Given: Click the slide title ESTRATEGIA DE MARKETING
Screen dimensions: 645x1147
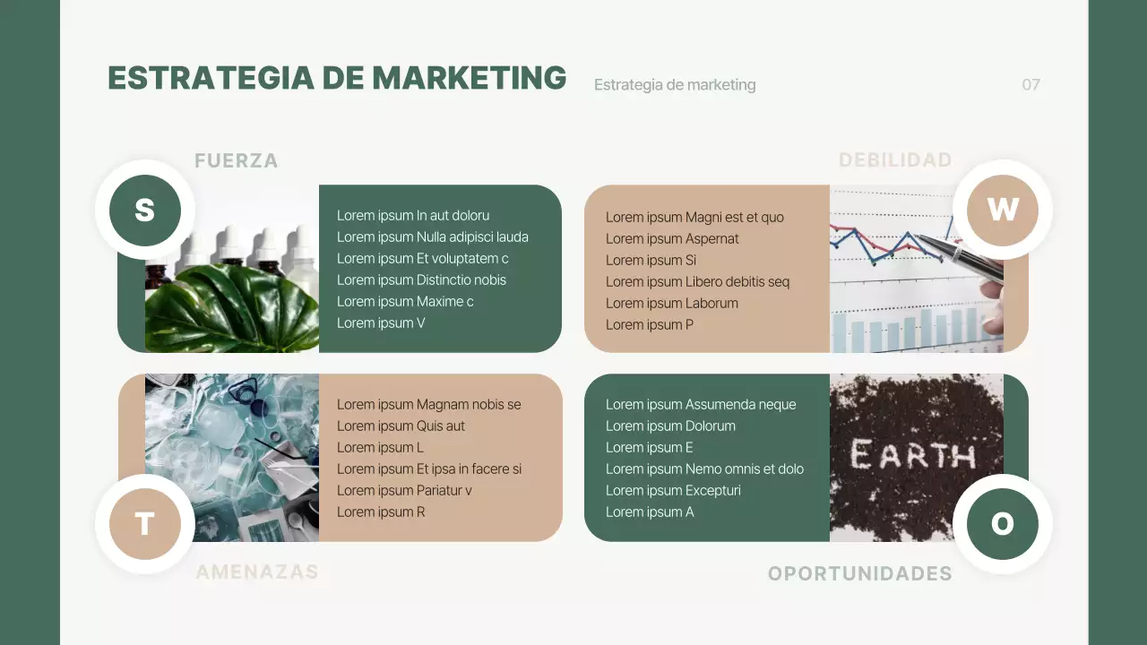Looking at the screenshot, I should (x=337, y=78).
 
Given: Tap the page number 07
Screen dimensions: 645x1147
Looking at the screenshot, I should (x=1031, y=85).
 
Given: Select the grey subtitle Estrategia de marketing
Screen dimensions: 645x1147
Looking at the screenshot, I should (x=675, y=85).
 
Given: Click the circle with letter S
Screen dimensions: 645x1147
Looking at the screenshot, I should (x=145, y=211).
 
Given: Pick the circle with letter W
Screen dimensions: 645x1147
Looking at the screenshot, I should (x=1002, y=211).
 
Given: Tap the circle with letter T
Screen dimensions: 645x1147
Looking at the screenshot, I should (x=145, y=524).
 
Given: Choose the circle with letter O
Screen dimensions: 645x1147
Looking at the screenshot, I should (x=1002, y=524).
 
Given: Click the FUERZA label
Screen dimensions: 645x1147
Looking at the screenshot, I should (x=237, y=161).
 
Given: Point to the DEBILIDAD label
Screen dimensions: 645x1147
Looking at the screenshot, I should (x=895, y=160).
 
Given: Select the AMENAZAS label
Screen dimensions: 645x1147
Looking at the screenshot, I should (x=257, y=572).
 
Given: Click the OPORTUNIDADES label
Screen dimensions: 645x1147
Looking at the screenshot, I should (x=860, y=573).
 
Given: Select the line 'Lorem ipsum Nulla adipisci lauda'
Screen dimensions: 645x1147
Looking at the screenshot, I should (x=433, y=237).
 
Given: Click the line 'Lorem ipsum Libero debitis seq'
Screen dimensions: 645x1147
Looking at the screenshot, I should (x=697, y=282).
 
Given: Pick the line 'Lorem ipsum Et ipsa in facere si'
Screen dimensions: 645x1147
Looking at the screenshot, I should (x=429, y=469).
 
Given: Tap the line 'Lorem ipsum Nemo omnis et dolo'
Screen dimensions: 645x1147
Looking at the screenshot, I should (x=704, y=469).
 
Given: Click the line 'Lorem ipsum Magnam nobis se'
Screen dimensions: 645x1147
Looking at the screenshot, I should (x=428, y=405).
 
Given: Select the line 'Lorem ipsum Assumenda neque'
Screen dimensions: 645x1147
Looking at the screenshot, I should (x=701, y=405).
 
